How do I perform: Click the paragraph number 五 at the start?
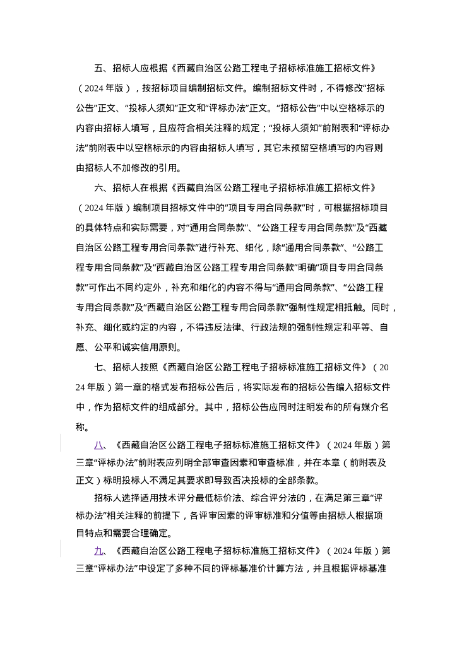(x=98, y=68)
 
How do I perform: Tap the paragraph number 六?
(x=98, y=188)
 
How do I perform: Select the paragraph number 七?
(x=98, y=367)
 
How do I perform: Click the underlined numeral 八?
(x=98, y=445)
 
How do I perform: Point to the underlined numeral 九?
(x=98, y=551)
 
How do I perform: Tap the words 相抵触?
(x=349, y=307)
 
